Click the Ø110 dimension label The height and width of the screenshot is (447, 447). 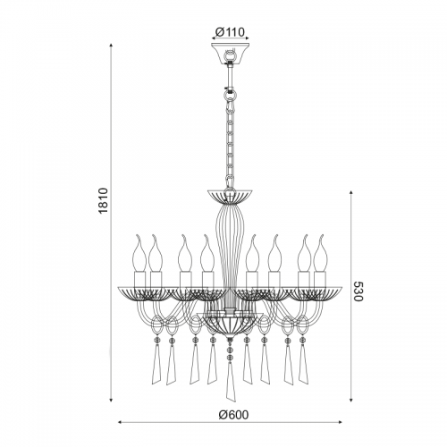pyautogui.click(x=230, y=32)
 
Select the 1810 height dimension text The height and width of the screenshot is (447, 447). pyautogui.click(x=103, y=200)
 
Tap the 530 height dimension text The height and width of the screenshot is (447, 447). pyautogui.click(x=358, y=291)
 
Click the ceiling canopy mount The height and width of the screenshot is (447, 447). pyautogui.click(x=230, y=54)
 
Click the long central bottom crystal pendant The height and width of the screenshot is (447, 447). pyautogui.click(x=230, y=383)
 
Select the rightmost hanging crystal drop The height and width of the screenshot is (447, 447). pyautogui.click(x=303, y=363)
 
